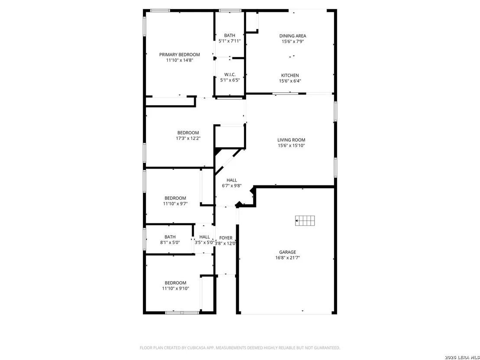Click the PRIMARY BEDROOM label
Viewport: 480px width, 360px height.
179,55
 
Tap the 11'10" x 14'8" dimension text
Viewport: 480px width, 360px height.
179,60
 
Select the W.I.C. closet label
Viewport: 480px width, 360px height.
230,75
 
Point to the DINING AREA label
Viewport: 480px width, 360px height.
293,36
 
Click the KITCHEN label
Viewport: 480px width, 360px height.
290,75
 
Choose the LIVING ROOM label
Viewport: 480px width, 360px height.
291,140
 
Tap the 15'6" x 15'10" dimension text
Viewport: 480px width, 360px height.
291,146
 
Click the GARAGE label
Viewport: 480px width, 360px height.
288,252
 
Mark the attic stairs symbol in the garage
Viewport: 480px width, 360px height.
305,221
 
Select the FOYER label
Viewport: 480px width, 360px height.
226,238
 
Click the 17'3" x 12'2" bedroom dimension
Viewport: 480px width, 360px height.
188,138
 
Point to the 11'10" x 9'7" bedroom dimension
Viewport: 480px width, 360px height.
175,204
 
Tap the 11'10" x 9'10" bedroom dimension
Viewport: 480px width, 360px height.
175,289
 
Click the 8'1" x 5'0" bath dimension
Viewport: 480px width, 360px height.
170,243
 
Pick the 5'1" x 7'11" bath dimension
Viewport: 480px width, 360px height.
230,41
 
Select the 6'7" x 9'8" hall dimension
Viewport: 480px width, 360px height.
232,185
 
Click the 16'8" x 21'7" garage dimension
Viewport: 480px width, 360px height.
288,258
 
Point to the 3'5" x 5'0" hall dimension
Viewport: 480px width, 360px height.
204,243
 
